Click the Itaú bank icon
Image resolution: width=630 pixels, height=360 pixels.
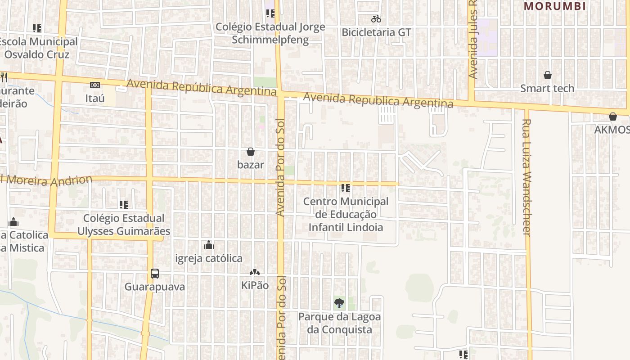click(95, 85)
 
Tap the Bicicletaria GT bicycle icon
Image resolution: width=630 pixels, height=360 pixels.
click(376, 19)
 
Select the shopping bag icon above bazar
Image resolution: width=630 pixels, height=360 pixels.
click(251, 152)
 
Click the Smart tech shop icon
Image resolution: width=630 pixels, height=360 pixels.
click(548, 75)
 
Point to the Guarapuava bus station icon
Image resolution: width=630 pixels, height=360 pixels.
click(155, 273)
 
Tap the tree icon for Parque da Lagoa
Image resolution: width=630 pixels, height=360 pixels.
click(339, 303)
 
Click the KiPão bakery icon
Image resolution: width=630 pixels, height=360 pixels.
click(255, 273)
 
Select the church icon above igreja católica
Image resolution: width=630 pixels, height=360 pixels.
click(209, 245)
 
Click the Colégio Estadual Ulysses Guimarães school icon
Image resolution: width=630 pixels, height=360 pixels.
click(124, 205)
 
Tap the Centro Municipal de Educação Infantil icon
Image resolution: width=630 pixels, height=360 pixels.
click(346, 188)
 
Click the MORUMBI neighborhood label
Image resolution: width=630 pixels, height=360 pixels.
click(555, 6)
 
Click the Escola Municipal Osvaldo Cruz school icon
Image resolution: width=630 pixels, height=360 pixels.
click(37, 28)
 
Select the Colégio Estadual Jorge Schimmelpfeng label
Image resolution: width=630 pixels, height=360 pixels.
click(270, 33)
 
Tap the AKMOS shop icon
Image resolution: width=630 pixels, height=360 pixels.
click(613, 117)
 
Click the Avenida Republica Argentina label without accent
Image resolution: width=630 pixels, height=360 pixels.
click(378, 100)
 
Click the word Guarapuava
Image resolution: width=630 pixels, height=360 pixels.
click(155, 287)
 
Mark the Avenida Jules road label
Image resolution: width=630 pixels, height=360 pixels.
click(473, 40)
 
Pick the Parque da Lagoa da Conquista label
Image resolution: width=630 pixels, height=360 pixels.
click(339, 323)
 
